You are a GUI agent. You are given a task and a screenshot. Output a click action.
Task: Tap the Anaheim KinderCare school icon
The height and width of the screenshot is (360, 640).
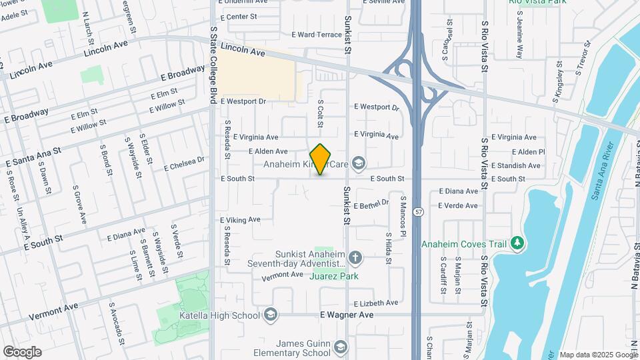(359, 163)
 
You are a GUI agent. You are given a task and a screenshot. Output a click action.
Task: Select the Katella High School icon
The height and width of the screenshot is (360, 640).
(270, 315)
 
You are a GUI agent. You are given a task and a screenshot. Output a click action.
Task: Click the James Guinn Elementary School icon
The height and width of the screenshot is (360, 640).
(341, 347)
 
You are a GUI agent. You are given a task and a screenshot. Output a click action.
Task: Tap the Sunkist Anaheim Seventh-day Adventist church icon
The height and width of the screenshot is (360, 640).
(355, 257)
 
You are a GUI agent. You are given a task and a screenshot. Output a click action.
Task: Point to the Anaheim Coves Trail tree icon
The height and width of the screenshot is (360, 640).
(517, 245)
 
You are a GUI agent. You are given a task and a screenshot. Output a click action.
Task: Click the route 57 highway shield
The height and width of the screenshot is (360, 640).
(418, 212)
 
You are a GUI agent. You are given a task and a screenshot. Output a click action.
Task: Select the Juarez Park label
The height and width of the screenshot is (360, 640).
(335, 276)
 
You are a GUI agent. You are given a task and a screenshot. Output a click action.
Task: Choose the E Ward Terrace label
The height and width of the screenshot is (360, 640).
(317, 35)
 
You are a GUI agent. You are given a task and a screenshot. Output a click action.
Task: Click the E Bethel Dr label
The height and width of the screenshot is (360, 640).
(371, 205)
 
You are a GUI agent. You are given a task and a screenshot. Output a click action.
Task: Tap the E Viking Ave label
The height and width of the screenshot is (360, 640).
(240, 219)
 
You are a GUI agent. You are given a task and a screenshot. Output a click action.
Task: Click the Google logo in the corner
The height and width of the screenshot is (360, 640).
(22, 351)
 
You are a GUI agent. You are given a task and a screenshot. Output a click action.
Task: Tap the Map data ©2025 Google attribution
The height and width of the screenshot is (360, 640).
(598, 355)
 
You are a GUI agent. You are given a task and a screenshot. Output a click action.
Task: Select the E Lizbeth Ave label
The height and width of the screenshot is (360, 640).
(376, 303)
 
